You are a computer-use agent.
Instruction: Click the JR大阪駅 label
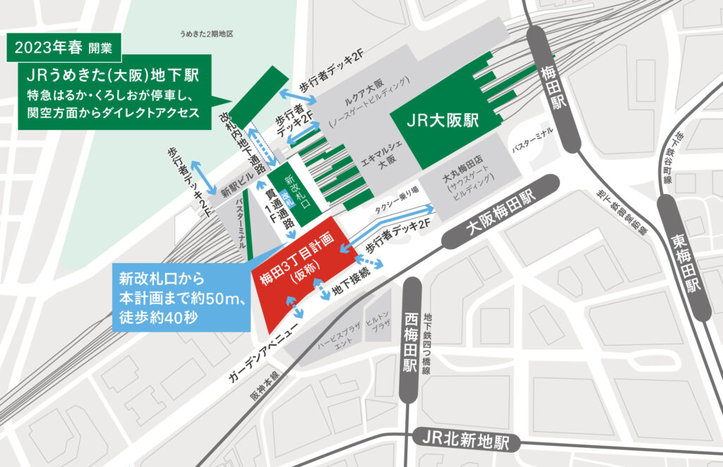443,121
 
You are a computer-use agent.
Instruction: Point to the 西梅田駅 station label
410,341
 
